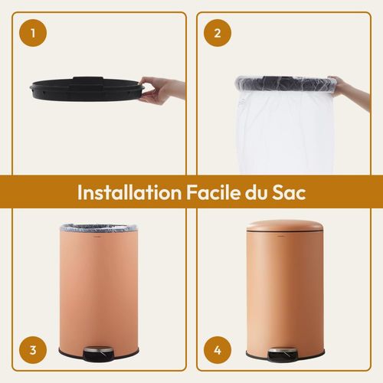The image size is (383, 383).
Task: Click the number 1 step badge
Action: click(33, 33)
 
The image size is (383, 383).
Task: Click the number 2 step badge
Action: click(218, 33)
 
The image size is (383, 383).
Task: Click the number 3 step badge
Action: click(33, 351)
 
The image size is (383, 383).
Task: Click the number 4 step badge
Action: click(218, 351)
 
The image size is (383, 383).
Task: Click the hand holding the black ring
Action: click(162, 89)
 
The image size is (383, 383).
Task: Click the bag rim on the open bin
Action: click(97, 229)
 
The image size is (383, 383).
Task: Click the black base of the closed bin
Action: click(253, 355)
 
